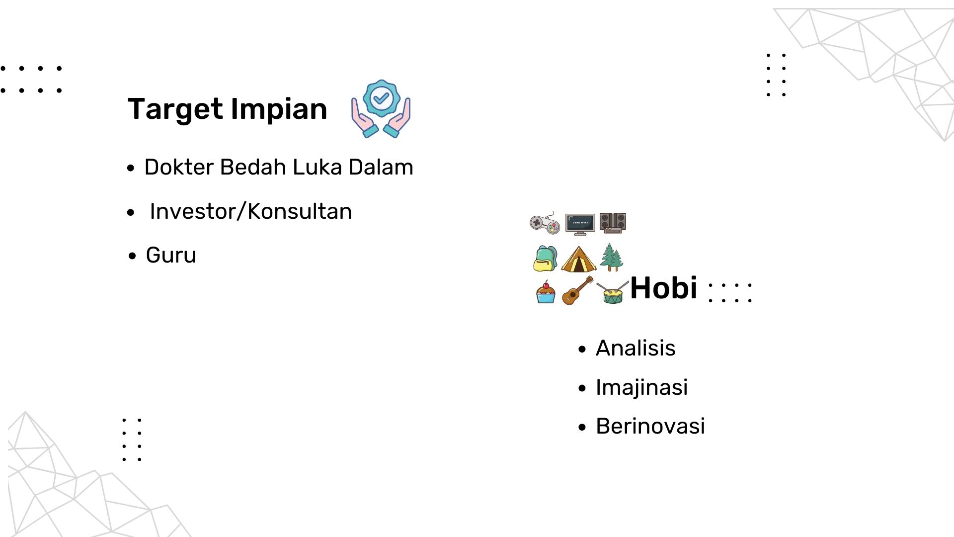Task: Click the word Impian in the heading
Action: point(279,109)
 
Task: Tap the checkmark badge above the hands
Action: point(381,98)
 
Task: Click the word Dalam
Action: point(381,167)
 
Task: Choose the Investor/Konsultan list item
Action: point(251,211)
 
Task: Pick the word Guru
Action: point(171,255)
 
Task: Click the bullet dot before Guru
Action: point(132,257)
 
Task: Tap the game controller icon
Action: point(545,223)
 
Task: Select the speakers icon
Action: point(613,223)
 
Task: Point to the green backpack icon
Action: point(545,258)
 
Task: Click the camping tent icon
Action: point(578,259)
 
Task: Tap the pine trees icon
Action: point(612,257)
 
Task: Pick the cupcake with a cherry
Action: point(546,292)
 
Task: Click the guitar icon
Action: point(577,290)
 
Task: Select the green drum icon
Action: point(613,292)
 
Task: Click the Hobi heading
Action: point(664,288)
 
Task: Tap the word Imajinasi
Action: point(642,388)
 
